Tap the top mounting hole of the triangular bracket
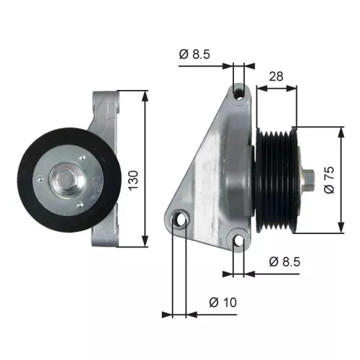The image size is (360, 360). click(x=239, y=92)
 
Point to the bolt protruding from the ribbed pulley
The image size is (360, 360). click(x=308, y=179)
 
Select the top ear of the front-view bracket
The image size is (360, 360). click(x=106, y=101)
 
